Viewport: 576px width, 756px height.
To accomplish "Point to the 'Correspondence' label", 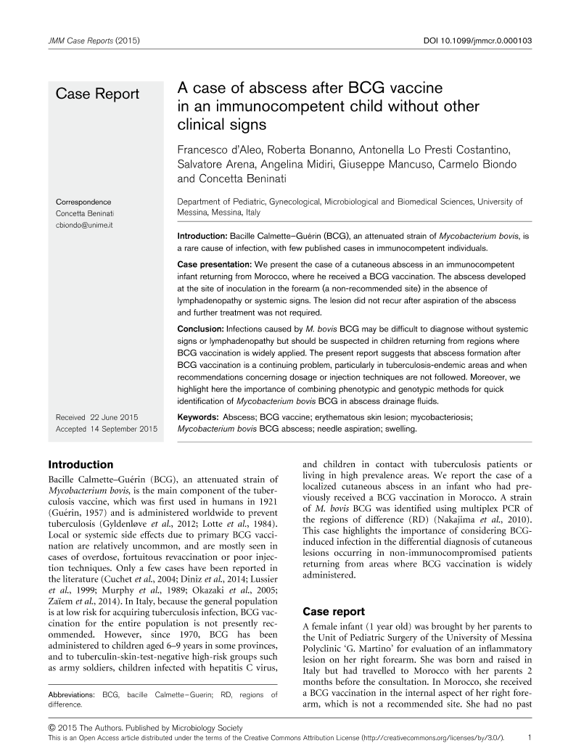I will point(83,201).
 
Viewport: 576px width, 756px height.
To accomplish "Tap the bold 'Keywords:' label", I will point(198,418).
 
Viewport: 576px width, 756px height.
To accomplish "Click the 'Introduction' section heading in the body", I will point(80,464).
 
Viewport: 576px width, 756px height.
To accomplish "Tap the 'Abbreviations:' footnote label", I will point(73,695).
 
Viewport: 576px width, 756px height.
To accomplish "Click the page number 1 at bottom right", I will point(532,737).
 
